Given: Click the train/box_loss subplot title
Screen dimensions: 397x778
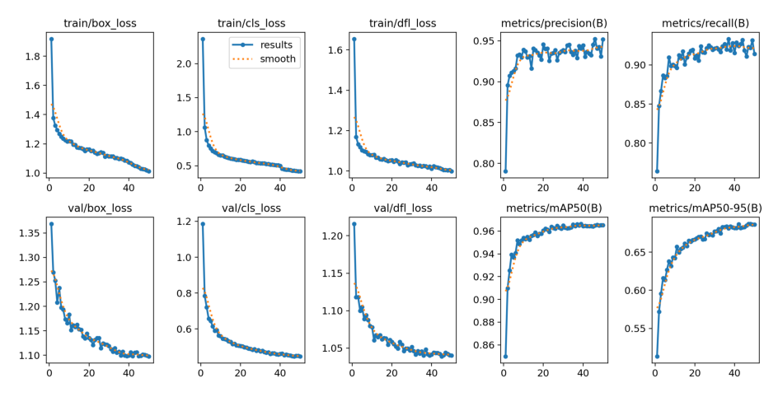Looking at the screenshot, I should [100, 23].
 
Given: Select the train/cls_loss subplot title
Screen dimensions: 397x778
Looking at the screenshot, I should [251, 23].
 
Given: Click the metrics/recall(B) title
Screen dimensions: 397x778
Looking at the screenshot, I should [705, 23].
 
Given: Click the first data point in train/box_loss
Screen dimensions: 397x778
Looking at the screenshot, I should [51, 39].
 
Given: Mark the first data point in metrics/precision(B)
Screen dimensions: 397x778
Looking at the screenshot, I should [504, 171].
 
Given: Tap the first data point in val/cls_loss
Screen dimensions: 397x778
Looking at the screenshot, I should [203, 224].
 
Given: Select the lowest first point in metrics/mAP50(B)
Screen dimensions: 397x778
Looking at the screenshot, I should [504, 357].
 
